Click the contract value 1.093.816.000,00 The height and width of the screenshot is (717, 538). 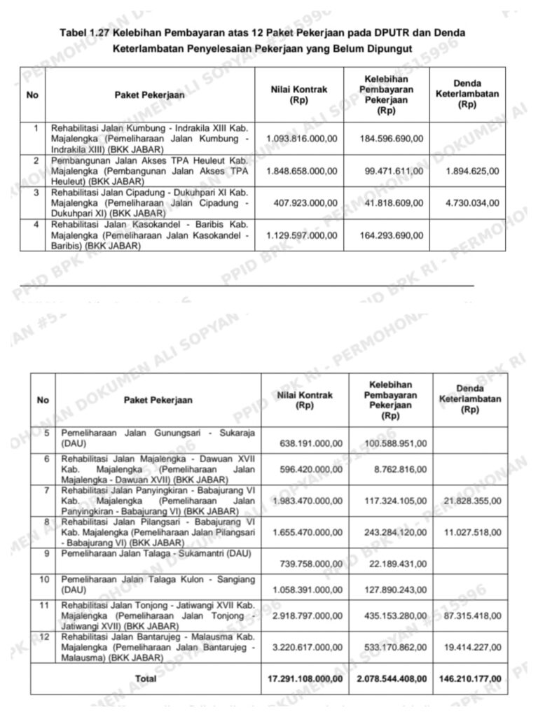coord(302,139)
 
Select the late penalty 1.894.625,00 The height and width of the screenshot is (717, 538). coord(472,171)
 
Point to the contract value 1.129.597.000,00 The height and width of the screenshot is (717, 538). coord(302,235)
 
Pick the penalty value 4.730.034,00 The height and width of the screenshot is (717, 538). coord(472,203)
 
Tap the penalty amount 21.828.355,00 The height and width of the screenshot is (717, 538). coord(472,501)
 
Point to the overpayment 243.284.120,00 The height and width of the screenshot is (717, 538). coord(395,533)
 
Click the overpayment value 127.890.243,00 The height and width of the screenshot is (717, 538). coord(395,590)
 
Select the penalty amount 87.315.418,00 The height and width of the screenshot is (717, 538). coord(472,616)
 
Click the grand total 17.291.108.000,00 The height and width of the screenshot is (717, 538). coord(305,678)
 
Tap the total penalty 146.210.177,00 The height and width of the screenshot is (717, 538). coord(468,678)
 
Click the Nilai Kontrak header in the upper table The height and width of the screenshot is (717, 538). coord(298,95)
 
